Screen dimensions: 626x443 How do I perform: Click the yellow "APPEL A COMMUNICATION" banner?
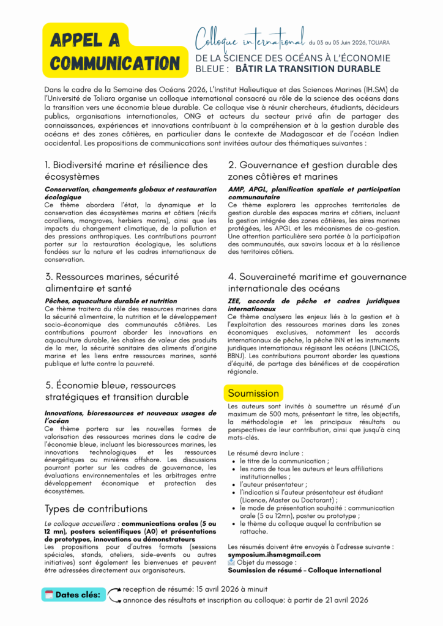(112, 51)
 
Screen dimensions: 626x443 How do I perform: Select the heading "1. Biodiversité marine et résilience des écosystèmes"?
(126, 171)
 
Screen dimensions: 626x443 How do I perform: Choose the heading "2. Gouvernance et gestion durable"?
(312, 171)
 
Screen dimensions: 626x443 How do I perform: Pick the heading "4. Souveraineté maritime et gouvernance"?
(316, 282)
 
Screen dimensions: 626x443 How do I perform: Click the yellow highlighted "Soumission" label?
(253, 393)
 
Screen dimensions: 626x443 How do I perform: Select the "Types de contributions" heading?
(96, 509)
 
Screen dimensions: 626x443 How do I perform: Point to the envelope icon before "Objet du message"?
(231, 562)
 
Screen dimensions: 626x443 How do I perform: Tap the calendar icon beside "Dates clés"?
(48, 594)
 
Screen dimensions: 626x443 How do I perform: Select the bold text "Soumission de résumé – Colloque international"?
(304, 570)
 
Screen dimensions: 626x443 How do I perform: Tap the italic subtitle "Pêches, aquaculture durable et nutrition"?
(111, 301)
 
